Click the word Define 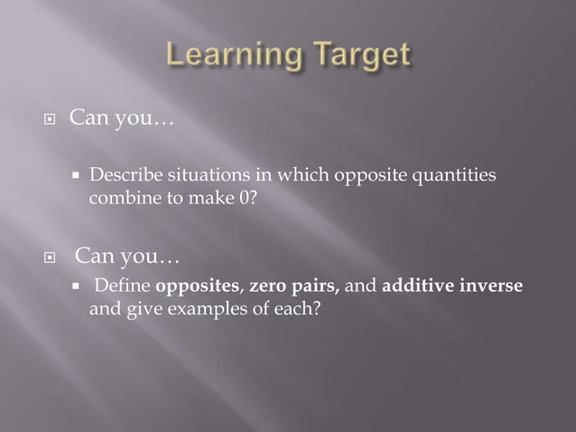(122, 287)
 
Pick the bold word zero (267, 287)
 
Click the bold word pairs (315, 287)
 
